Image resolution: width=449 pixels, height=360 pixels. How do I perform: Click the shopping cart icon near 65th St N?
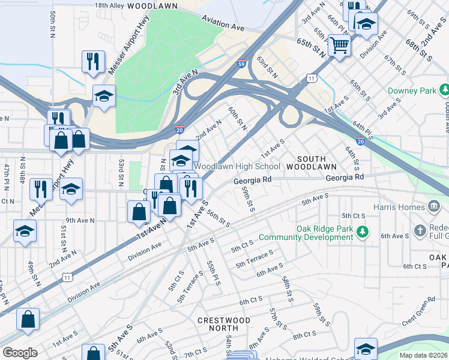coord(339,46)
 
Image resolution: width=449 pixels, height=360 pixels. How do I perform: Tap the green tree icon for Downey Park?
coord(444,91)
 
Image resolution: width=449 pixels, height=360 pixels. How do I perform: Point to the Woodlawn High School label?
coord(237,166)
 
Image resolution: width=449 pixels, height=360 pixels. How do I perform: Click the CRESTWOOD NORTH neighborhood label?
coord(224,324)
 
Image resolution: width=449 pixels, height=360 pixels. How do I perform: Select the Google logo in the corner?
coord(20,352)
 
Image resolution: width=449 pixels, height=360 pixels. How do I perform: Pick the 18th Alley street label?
coord(109,5)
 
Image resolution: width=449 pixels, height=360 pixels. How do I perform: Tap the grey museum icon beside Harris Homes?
coord(433,207)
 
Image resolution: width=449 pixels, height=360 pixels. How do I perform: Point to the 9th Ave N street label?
coord(80,220)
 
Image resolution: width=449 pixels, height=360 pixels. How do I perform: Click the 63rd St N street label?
coord(267,68)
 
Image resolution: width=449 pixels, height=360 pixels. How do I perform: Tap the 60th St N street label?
coord(237,118)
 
